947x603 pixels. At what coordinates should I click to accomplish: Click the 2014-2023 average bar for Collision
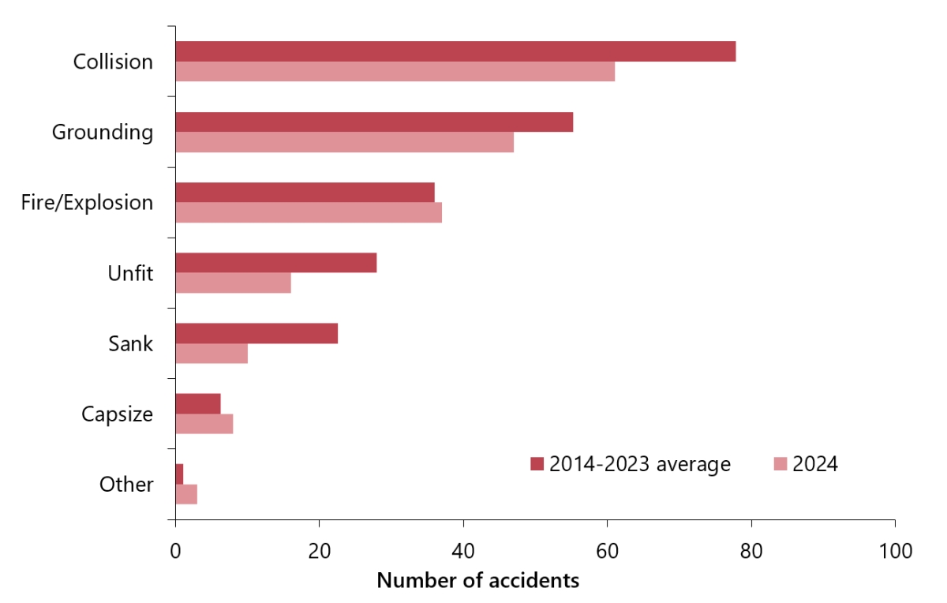pyautogui.click(x=455, y=51)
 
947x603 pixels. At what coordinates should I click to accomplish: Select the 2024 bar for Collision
pyautogui.click(x=395, y=72)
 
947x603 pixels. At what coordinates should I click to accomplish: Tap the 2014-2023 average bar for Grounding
pyautogui.click(x=374, y=122)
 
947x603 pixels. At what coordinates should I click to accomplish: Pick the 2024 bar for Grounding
pyautogui.click(x=344, y=142)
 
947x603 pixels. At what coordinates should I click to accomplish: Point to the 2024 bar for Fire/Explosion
pyautogui.click(x=309, y=212)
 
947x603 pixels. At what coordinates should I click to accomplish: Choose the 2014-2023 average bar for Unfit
pyautogui.click(x=275, y=263)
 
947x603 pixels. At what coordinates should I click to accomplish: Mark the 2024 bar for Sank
pyautogui.click(x=211, y=354)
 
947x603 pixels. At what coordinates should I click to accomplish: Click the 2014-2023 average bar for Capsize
pyautogui.click(x=198, y=403)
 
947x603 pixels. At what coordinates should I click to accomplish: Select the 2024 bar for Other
pyautogui.click(x=186, y=494)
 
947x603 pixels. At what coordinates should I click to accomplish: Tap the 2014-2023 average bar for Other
pyautogui.click(x=179, y=474)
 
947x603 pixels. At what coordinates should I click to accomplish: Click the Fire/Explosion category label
pyautogui.click(x=88, y=202)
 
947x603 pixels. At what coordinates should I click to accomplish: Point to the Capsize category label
pyautogui.click(x=118, y=414)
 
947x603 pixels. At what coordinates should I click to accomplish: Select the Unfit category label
pyautogui.click(x=130, y=273)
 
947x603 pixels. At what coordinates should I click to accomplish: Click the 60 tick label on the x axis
pyautogui.click(x=607, y=551)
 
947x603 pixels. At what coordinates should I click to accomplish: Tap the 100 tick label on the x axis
pyautogui.click(x=895, y=551)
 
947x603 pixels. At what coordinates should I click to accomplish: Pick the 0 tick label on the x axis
pyautogui.click(x=175, y=551)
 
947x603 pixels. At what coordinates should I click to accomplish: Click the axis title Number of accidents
pyautogui.click(x=478, y=581)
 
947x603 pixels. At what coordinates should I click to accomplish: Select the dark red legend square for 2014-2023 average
pyautogui.click(x=537, y=464)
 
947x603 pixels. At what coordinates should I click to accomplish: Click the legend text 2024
pyautogui.click(x=815, y=464)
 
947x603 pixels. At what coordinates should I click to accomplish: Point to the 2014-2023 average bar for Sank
pyautogui.click(x=256, y=333)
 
